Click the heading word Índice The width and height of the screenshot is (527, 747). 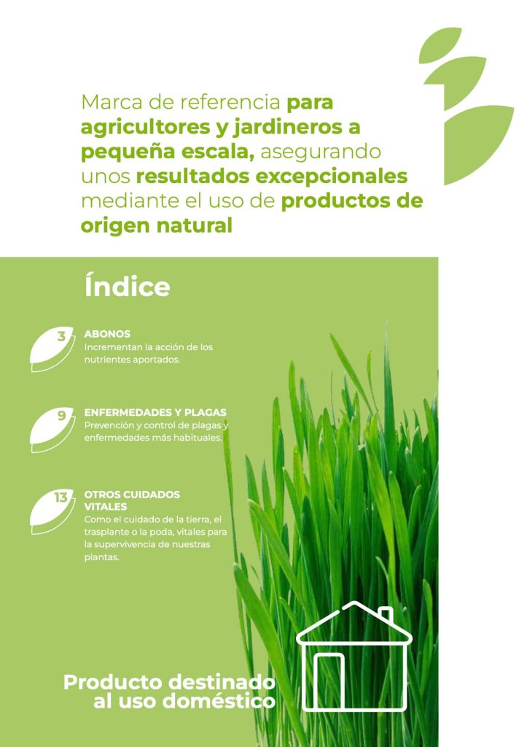(x=127, y=286)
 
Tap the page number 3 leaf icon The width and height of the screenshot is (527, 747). (x=52, y=349)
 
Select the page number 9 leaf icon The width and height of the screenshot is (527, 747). (x=52, y=430)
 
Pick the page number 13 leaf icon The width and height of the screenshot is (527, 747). (x=52, y=511)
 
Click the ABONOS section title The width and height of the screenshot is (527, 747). (x=107, y=334)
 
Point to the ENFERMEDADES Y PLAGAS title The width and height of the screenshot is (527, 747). (x=155, y=413)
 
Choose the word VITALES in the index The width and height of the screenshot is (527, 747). (x=106, y=506)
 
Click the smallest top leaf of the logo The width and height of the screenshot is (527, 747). (x=440, y=44)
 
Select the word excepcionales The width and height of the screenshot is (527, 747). (x=332, y=177)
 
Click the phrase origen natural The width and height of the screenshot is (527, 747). (x=157, y=225)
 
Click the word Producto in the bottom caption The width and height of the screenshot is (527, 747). (x=113, y=682)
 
